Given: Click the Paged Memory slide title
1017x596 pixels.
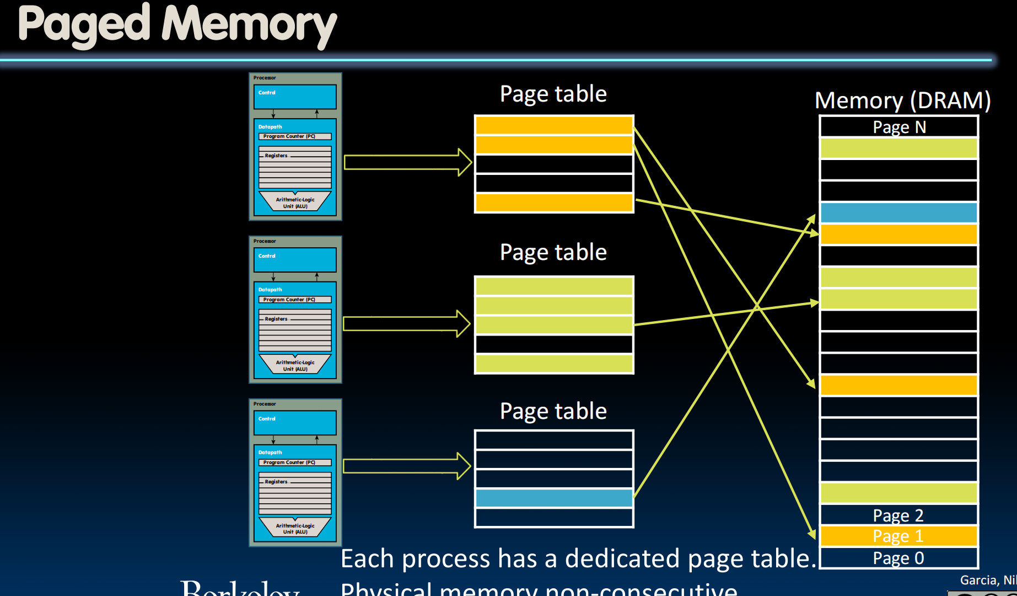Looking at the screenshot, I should click(x=177, y=25).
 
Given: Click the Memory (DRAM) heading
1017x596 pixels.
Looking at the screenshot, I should click(x=902, y=100).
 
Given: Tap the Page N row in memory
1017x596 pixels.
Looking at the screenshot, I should click(x=898, y=127).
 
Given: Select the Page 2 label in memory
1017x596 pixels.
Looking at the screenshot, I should click(x=898, y=515).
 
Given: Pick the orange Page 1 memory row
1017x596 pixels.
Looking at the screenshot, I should click(x=898, y=536).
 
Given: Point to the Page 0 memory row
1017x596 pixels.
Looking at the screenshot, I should click(x=898, y=558).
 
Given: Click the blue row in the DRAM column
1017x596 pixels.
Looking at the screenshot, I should click(x=898, y=212).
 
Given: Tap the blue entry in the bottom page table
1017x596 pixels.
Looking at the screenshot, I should click(x=553, y=498).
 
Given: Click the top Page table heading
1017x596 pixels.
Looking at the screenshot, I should click(x=553, y=94).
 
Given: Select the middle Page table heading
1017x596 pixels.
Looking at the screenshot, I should click(x=553, y=252).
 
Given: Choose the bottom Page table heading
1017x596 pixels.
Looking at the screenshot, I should click(x=553, y=411).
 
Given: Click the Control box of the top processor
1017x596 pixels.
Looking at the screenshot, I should click(x=295, y=97).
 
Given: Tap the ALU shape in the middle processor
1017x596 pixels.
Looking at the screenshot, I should click(x=295, y=364).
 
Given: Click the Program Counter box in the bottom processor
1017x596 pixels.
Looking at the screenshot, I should click(x=295, y=462).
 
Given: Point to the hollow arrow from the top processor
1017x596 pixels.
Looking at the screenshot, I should click(x=407, y=162).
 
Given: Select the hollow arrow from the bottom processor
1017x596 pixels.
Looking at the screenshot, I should click(x=406, y=466).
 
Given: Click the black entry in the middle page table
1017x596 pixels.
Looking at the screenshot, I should click(x=553, y=344).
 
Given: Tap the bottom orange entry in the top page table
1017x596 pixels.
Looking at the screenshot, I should click(x=553, y=203).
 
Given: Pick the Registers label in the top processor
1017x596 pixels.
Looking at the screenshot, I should click(x=276, y=156).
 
